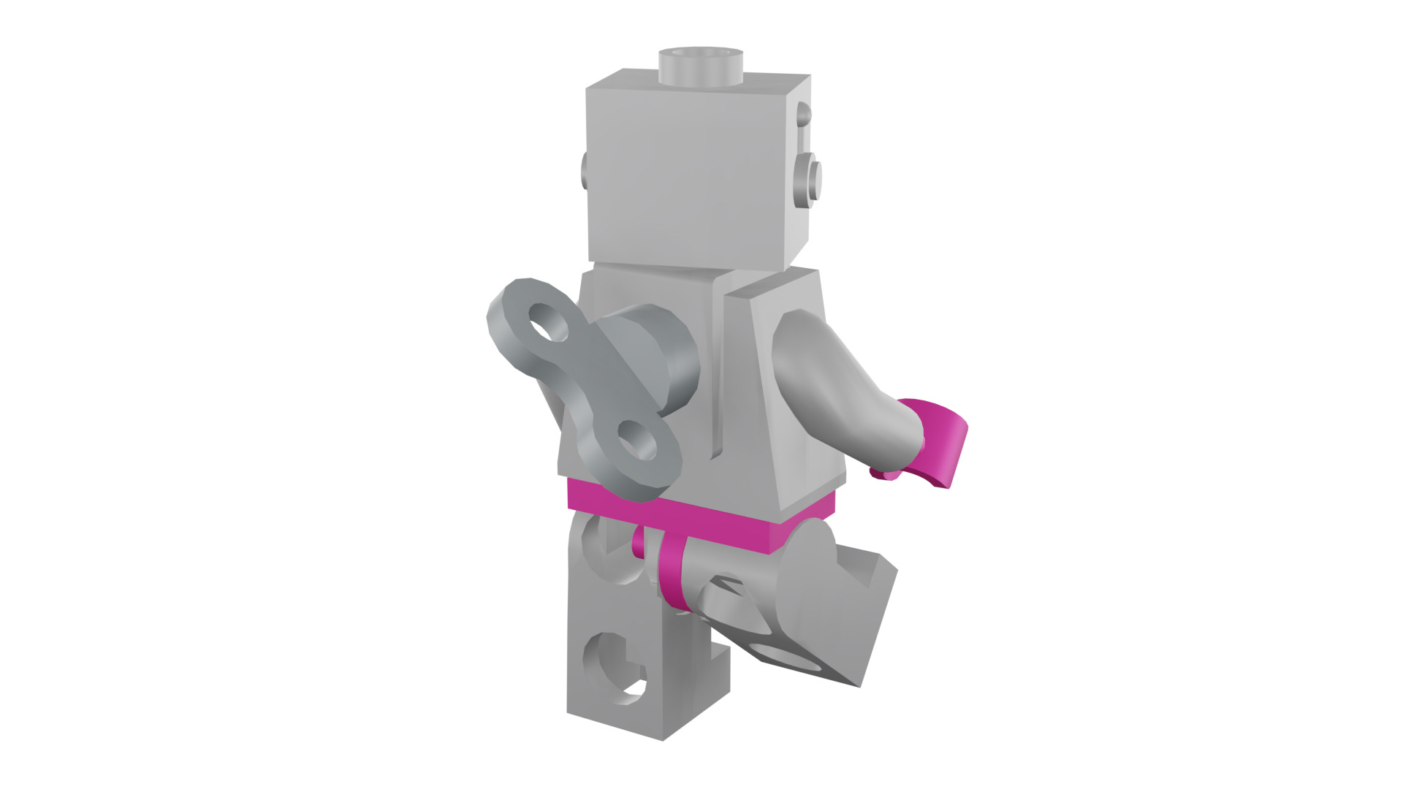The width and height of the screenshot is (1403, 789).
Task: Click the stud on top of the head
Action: [x=701, y=65]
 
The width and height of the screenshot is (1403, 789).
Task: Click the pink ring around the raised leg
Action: [x=672, y=573]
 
